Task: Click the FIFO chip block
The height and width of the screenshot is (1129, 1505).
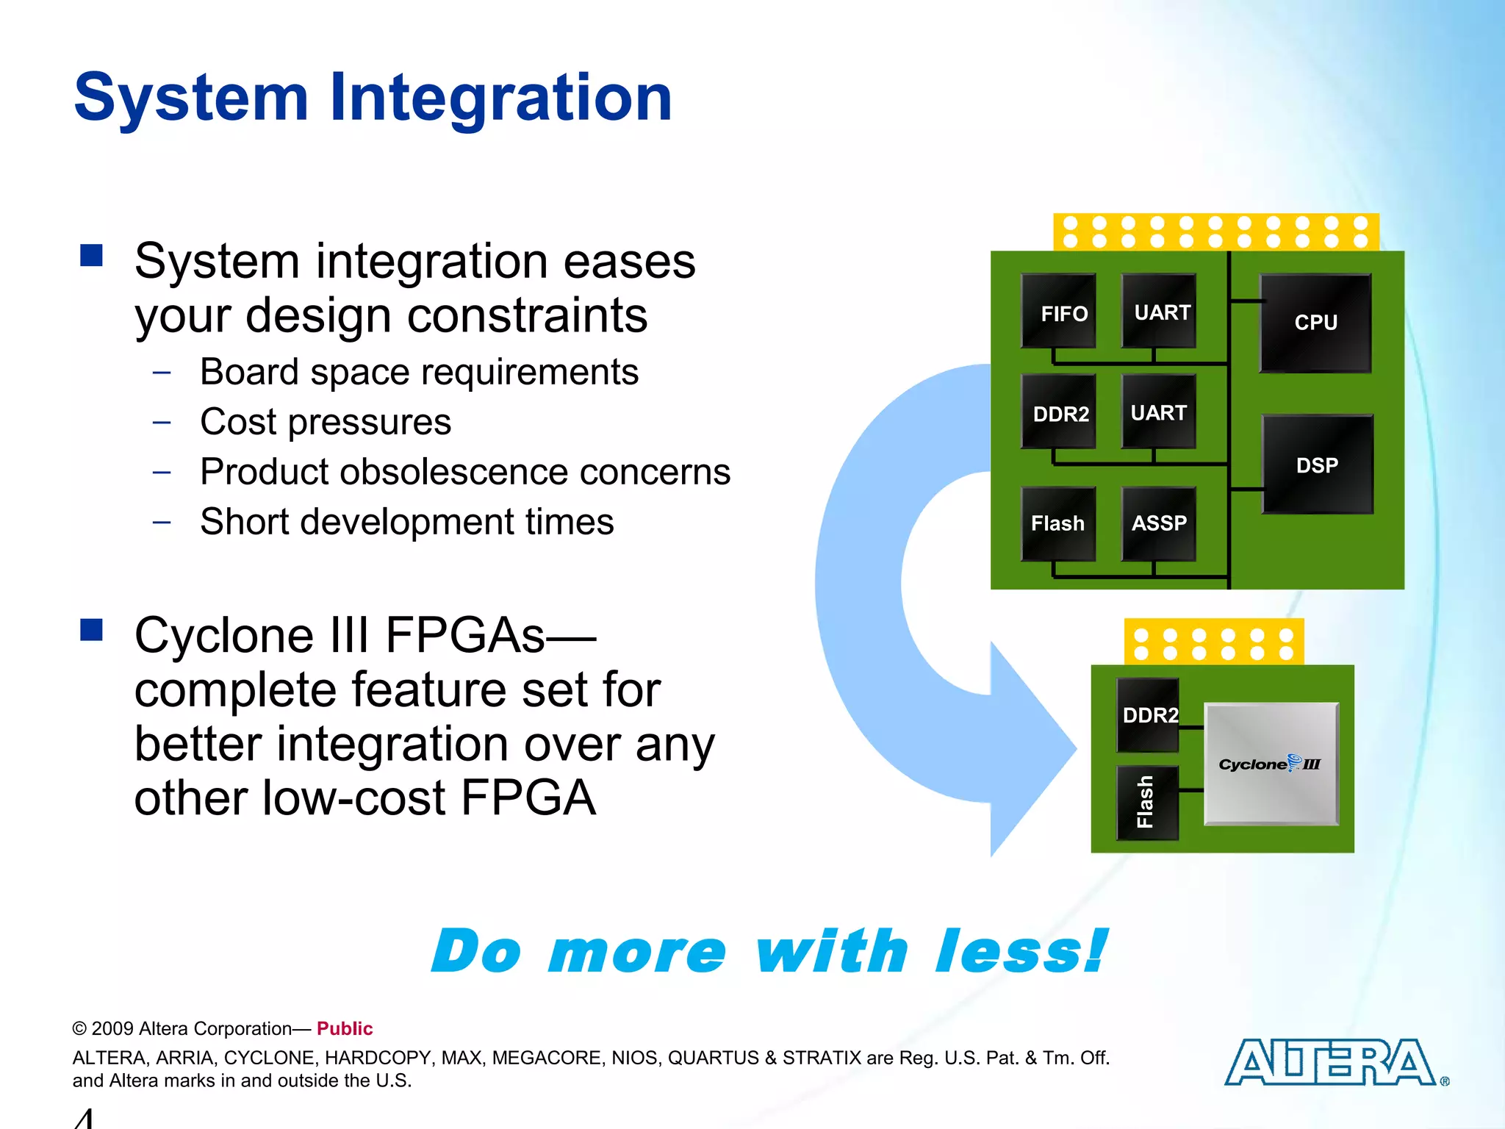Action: pos(1058,311)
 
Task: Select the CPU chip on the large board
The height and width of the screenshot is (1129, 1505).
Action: pos(1315,323)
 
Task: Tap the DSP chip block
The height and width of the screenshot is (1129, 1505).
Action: pos(1317,465)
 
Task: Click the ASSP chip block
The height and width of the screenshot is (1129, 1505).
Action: pos(1159,523)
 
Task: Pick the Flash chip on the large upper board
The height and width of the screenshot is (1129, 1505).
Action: pos(1058,523)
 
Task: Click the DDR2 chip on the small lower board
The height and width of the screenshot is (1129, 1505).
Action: pos(1148,714)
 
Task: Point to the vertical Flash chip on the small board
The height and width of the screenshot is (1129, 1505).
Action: pos(1147,802)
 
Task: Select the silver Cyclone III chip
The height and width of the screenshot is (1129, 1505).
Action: pos(1271,764)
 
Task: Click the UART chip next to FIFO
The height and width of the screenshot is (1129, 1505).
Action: pos(1159,311)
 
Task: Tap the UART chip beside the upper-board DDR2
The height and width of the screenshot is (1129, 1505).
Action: pos(1159,412)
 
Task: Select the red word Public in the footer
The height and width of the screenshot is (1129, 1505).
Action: pos(345,1028)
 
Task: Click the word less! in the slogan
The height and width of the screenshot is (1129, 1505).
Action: pos(1021,951)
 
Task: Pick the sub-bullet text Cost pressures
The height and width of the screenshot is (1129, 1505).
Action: pos(326,422)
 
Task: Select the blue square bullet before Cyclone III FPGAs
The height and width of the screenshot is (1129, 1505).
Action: pos(92,630)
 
